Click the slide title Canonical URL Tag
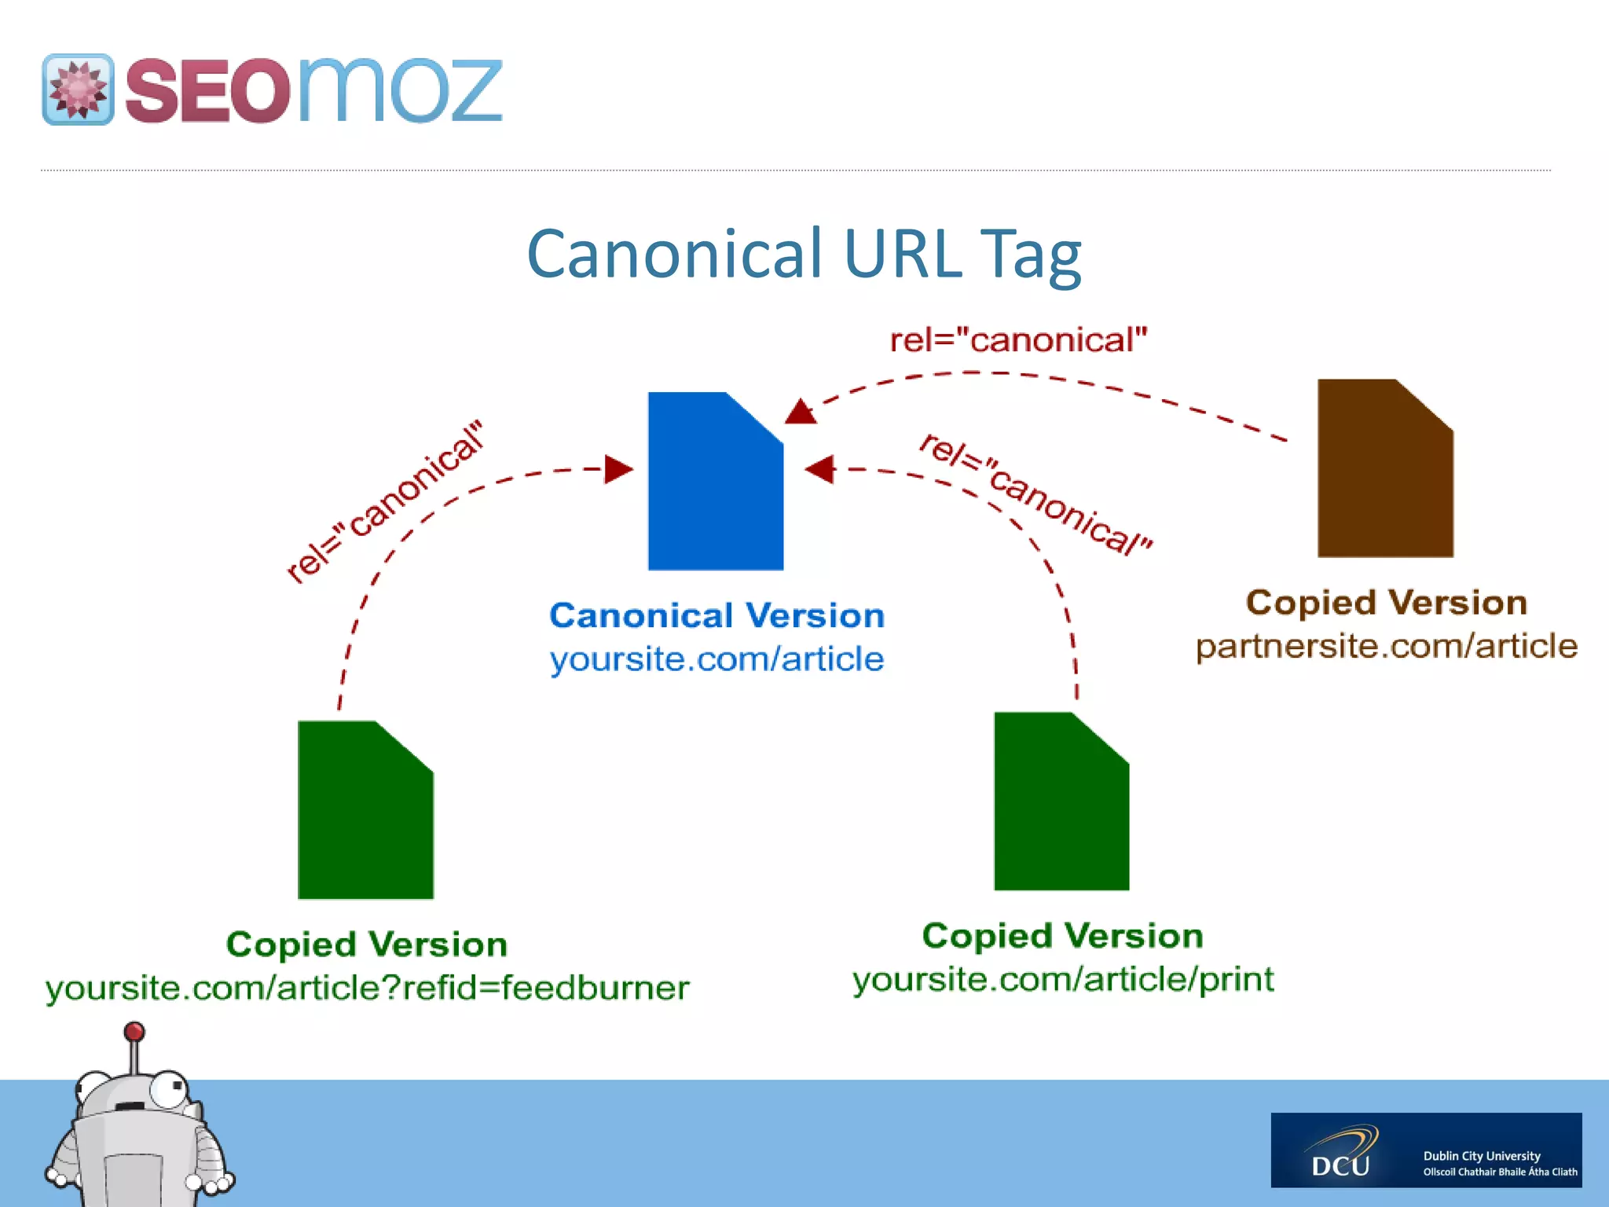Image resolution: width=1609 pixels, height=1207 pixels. tap(804, 253)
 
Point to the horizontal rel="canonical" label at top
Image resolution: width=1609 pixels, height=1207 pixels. tap(1018, 340)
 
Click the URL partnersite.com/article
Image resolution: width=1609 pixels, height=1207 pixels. tap(1387, 646)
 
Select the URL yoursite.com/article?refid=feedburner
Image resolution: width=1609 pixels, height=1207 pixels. tap(367, 988)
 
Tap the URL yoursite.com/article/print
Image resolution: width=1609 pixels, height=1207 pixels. tap(1063, 979)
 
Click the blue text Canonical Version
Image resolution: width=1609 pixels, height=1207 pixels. tap(717, 615)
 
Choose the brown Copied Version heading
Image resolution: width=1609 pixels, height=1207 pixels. tap(1387, 603)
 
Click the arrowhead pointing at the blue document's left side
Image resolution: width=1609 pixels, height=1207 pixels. tap(618, 470)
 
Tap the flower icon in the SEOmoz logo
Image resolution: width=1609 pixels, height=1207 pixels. tap(78, 90)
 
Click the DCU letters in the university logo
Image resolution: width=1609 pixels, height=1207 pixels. tap(1340, 1165)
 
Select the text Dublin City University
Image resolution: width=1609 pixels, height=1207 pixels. tap(1481, 1156)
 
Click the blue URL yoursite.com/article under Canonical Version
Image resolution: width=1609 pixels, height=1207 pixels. tap(717, 659)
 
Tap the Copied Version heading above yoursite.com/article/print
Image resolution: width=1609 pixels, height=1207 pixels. tap(1063, 936)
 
